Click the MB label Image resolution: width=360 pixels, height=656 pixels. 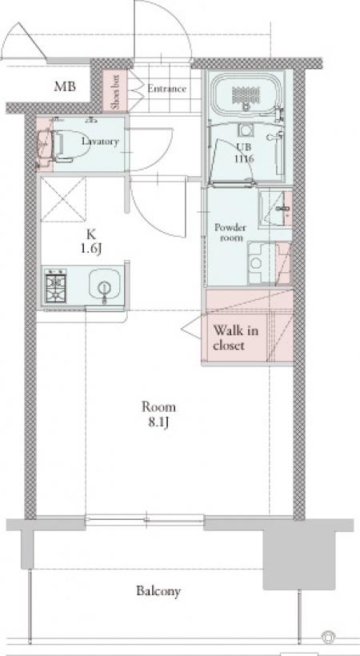coord(65,87)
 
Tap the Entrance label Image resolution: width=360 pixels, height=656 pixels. coord(166,89)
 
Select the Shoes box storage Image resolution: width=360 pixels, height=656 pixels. coord(115,91)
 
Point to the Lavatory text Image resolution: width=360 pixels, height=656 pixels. coord(100,142)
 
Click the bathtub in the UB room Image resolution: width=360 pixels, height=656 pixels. coord(246,94)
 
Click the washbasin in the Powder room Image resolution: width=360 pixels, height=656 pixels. coord(275,209)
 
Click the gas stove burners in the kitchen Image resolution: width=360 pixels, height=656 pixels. coord(56,285)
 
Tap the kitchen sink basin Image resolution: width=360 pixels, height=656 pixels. coord(105,284)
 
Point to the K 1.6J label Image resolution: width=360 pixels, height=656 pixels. coord(92,242)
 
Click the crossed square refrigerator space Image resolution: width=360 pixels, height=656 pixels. coord(62,199)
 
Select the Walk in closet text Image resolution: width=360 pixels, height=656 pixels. coord(236,338)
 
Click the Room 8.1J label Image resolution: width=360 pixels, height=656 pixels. coord(158,414)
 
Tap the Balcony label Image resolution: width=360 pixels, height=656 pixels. coord(158,591)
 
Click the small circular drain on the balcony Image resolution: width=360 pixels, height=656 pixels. coord(328,636)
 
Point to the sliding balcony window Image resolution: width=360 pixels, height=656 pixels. coord(145,520)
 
